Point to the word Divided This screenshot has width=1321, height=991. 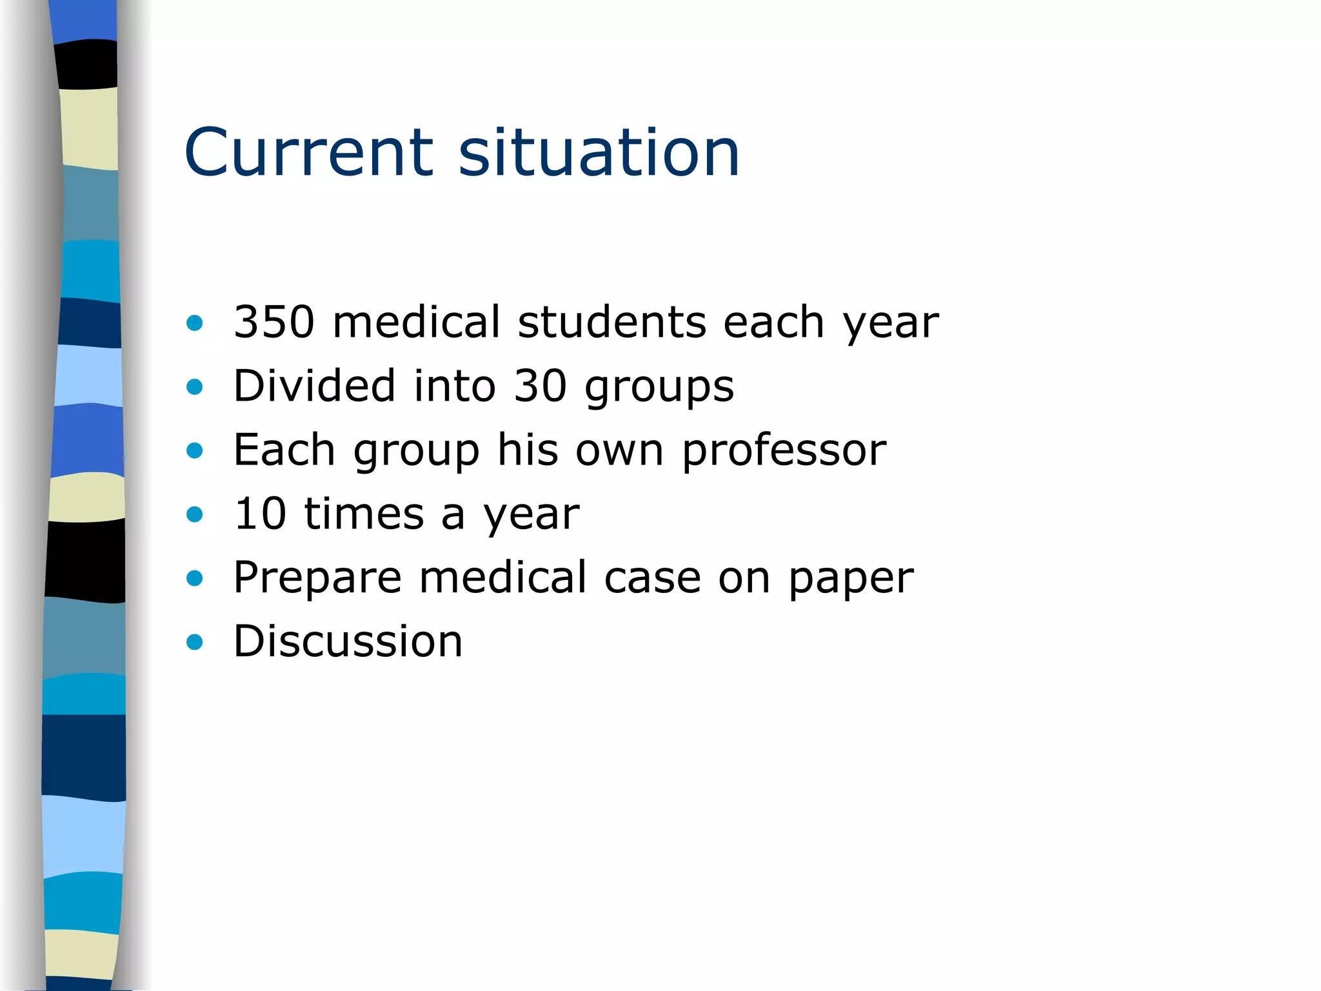pyautogui.click(x=314, y=386)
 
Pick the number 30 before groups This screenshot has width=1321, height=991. pyautogui.click(x=541, y=386)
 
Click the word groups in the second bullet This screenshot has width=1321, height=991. pyautogui.click(x=659, y=388)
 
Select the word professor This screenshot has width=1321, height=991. pyautogui.click(x=784, y=450)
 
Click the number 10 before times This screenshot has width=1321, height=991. pyautogui.click(x=260, y=514)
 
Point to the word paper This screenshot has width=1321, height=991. pyautogui.click(x=851, y=579)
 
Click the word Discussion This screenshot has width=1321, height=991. pyautogui.click(x=348, y=641)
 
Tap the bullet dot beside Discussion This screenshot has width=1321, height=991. pyautogui.click(x=194, y=642)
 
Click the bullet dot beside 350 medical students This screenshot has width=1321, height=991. pyautogui.click(x=194, y=323)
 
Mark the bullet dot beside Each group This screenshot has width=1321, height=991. pyautogui.click(x=194, y=450)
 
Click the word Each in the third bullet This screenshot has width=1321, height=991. pyautogui.click(x=284, y=450)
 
